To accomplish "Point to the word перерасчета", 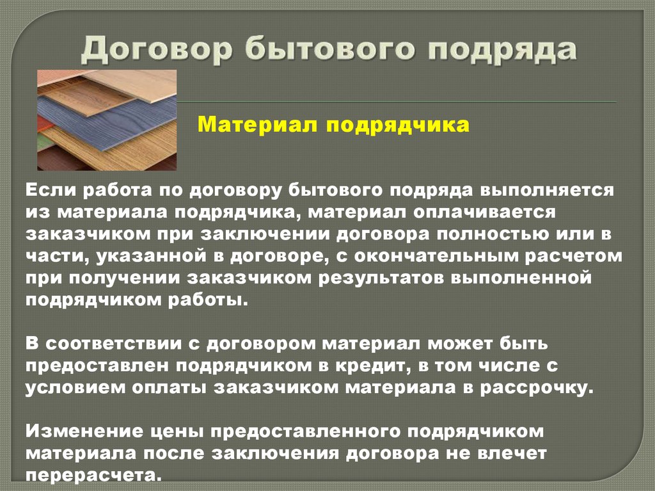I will pos(92,476).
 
